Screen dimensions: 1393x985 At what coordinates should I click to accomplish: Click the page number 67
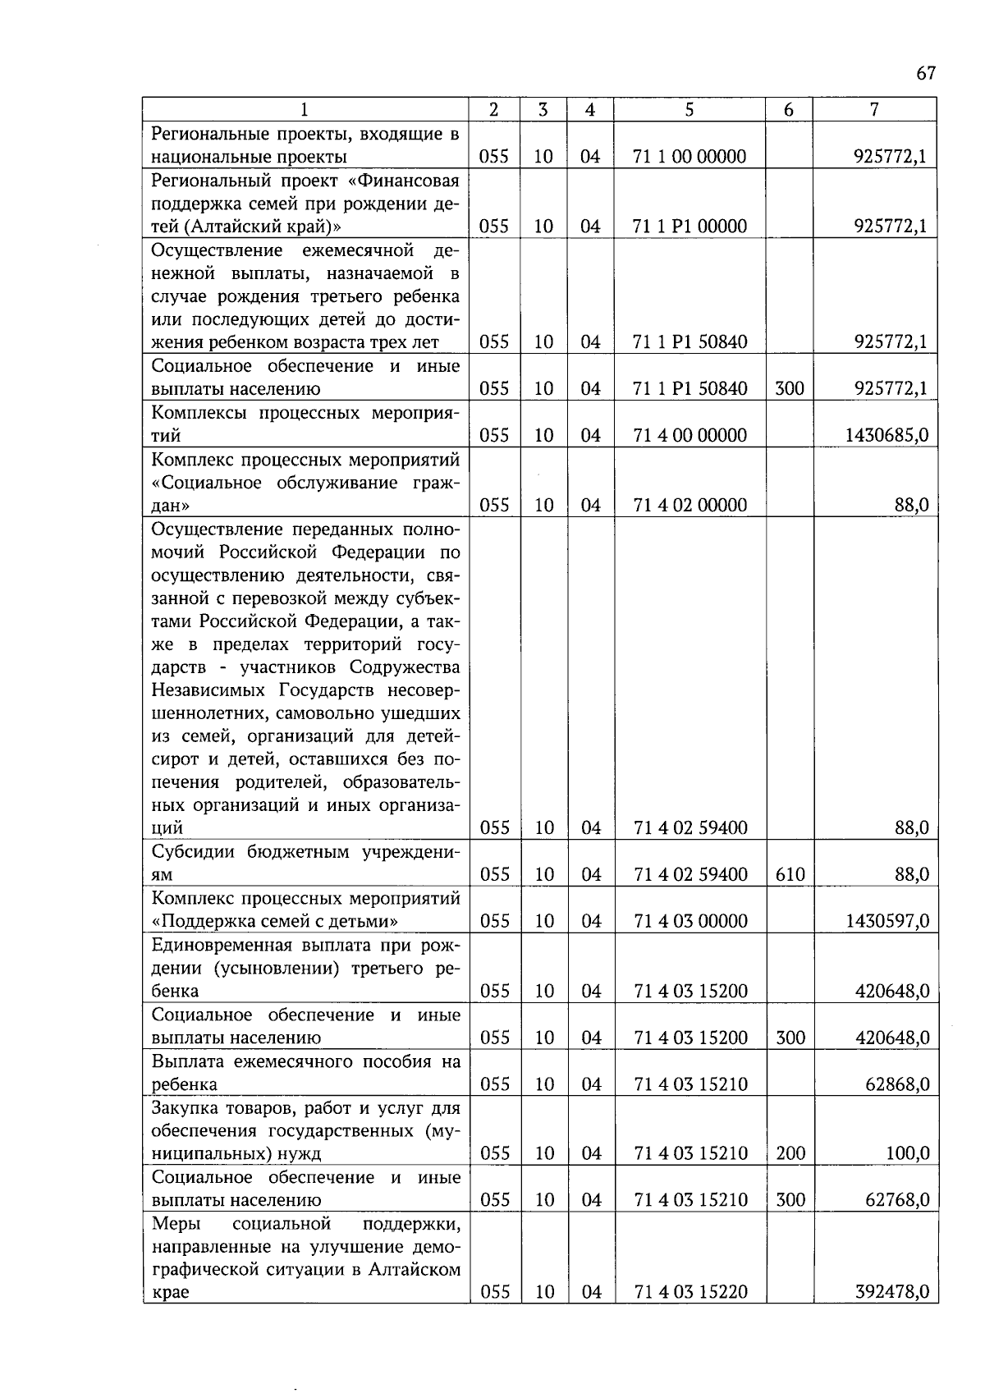925,74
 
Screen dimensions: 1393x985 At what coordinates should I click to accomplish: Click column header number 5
689,109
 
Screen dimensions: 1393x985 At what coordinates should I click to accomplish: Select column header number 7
875,109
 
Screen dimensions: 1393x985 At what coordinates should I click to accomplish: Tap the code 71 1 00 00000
689,157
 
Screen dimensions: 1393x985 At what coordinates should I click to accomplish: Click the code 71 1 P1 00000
689,227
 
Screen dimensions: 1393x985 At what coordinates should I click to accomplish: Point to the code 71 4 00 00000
689,436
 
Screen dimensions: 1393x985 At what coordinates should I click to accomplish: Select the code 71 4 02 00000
689,506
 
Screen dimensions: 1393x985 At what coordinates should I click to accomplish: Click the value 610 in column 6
790,875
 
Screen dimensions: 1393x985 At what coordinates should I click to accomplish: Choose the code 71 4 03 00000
689,922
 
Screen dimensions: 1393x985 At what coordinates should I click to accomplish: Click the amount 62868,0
897,1085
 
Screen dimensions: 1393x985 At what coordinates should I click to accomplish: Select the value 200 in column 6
790,1154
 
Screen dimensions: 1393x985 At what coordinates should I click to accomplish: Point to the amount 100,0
907,1154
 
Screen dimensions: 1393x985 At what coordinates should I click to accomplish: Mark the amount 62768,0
897,1201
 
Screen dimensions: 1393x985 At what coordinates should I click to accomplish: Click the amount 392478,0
891,1293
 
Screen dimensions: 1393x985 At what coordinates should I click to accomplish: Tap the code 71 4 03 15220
689,1293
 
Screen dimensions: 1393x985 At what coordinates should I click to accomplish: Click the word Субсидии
193,852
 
